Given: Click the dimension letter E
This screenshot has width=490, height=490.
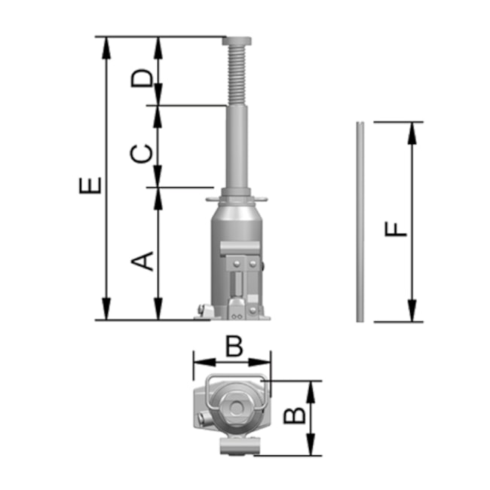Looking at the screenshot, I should [89, 185].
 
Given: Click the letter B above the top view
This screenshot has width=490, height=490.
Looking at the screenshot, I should [234, 346].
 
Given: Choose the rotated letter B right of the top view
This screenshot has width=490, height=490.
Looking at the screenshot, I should [296, 415].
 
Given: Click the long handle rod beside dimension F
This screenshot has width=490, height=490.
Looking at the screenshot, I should [360, 222].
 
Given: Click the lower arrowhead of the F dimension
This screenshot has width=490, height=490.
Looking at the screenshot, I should [412, 311].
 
